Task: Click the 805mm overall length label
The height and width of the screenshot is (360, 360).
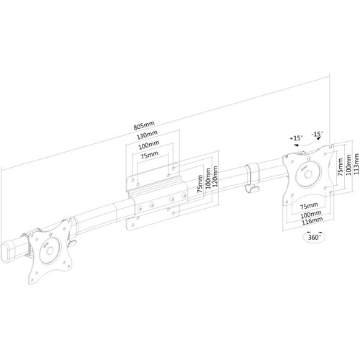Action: [x=144, y=125]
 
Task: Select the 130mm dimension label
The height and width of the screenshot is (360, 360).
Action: [x=147, y=135]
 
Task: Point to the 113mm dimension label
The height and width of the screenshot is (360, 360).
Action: [x=356, y=164]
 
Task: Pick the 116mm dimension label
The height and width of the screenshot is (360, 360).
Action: [x=312, y=220]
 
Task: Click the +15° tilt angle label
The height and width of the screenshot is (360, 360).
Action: [x=296, y=138]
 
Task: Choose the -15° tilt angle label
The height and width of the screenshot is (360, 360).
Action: [x=318, y=134]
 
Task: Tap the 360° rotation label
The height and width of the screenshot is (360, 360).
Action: [x=315, y=237]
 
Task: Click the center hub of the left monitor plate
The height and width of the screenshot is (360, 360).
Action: [x=50, y=251]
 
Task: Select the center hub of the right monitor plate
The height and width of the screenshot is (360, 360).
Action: [x=308, y=174]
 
